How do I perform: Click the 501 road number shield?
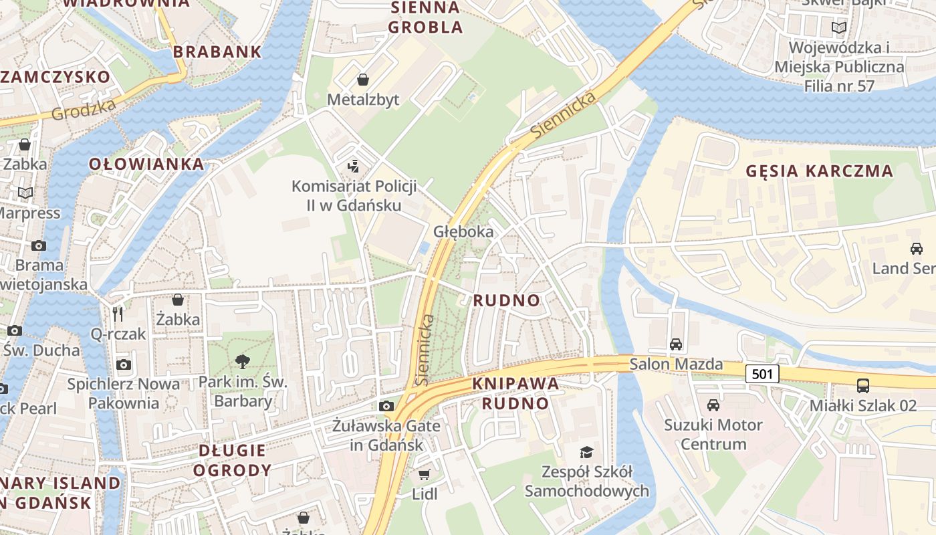pyautogui.click(x=762, y=374)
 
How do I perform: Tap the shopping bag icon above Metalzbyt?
pyautogui.click(x=363, y=80)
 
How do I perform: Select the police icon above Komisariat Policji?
pyautogui.click(x=354, y=166)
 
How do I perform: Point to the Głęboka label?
pyautogui.click(x=463, y=231)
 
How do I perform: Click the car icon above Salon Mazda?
pyautogui.click(x=676, y=344)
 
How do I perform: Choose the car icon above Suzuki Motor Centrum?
pyautogui.click(x=713, y=405)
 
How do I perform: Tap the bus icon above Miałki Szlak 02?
pyautogui.click(x=863, y=386)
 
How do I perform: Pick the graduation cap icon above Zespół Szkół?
pyautogui.click(x=586, y=452)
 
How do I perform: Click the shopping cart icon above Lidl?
pyautogui.click(x=424, y=475)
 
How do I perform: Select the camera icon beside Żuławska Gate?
pyautogui.click(x=386, y=406)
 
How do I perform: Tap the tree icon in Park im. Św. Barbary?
pyautogui.click(x=243, y=362)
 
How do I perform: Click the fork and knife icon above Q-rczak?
pyautogui.click(x=118, y=314)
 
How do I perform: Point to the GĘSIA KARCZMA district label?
pyautogui.click(x=820, y=171)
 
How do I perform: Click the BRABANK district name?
pyautogui.click(x=217, y=51)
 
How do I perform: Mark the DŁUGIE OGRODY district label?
pyautogui.click(x=232, y=460)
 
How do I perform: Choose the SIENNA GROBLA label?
pyautogui.click(x=425, y=17)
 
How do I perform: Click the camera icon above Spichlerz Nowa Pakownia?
pyautogui.click(x=124, y=364)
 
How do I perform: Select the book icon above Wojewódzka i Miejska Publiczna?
pyautogui.click(x=838, y=28)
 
